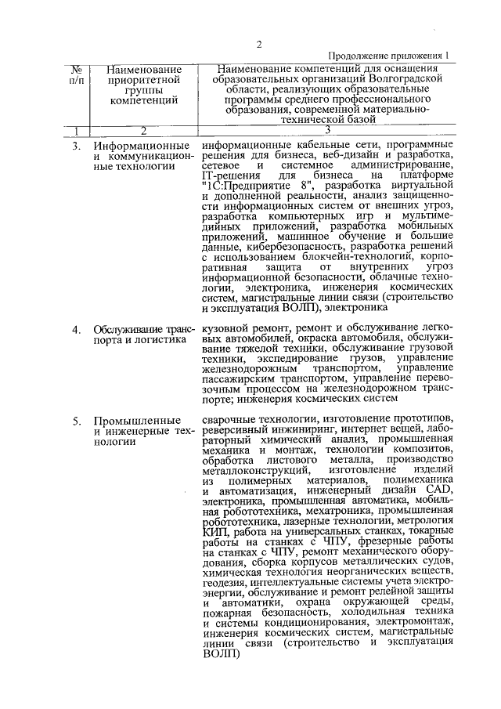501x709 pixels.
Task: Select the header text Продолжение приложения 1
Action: coord(390,56)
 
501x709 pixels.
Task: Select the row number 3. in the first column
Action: coord(76,147)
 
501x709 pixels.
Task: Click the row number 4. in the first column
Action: coord(76,329)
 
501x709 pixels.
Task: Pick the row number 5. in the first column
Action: coord(76,421)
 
